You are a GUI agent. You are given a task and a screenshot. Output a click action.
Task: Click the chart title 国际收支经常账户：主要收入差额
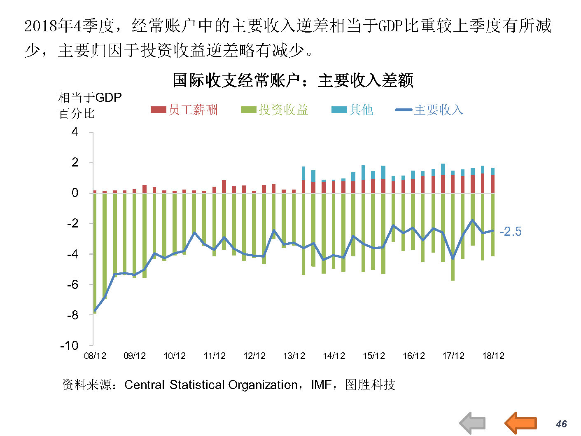pyautogui.click(x=293, y=80)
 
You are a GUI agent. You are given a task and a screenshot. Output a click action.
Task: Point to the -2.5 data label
pyautogui.click(x=511, y=232)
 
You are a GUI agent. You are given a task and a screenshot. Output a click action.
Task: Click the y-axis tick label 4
pyautogui.click(x=75, y=132)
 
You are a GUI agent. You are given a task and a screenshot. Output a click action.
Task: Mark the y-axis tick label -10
pyautogui.click(x=69, y=345)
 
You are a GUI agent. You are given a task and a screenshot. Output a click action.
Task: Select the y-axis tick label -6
pyautogui.click(x=72, y=284)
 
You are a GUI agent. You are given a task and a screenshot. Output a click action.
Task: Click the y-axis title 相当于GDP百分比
pyautogui.click(x=90, y=105)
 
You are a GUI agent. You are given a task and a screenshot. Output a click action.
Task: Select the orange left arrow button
pyautogui.click(x=520, y=423)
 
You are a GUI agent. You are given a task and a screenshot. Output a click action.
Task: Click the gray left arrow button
pyautogui.click(x=473, y=423)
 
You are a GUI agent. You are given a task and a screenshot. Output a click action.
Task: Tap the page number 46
pyautogui.click(x=561, y=424)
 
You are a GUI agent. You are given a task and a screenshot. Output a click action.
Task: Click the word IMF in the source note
pyautogui.click(x=321, y=385)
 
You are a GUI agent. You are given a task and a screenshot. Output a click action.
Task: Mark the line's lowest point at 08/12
pyautogui.click(x=95, y=310)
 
